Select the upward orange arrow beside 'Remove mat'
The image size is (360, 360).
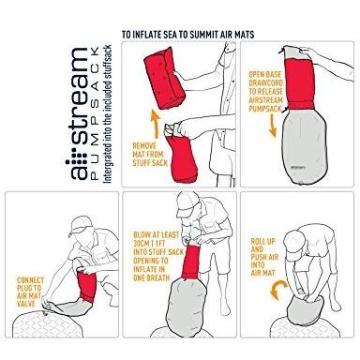click(x=156, y=124)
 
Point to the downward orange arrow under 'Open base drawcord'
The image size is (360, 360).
click(x=273, y=125)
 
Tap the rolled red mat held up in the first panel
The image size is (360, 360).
click(x=164, y=78)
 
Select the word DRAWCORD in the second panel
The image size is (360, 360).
click(x=266, y=83)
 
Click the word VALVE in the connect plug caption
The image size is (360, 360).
click(x=26, y=304)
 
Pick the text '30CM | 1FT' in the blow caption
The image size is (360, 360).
click(x=149, y=243)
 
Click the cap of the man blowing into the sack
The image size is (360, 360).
click(x=187, y=204)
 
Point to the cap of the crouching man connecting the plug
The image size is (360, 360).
click(x=81, y=226)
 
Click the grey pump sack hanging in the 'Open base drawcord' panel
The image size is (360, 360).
click(x=304, y=145)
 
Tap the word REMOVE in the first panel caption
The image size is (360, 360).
click(x=144, y=146)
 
